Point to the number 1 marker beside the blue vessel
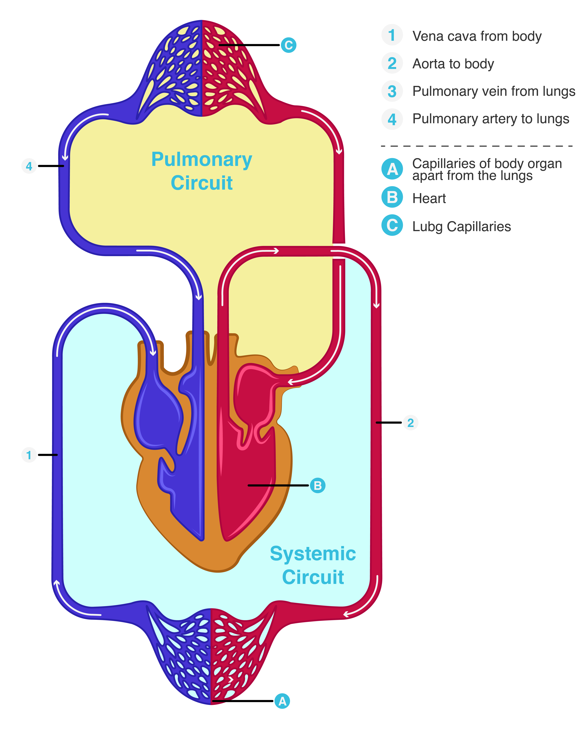pos(29,455)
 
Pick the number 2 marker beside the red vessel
pos(410,423)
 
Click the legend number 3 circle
pos(392,91)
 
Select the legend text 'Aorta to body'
pos(453,64)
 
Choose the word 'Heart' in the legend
pos(429,198)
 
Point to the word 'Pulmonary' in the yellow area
pos(202,160)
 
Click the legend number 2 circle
pos(392,64)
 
